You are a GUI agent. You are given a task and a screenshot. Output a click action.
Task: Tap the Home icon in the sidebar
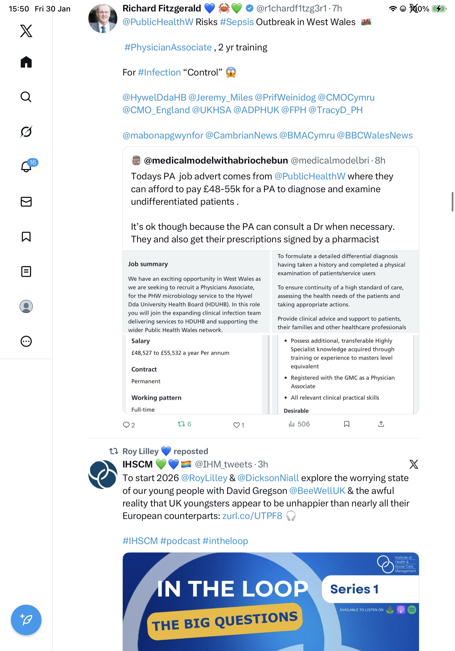26,62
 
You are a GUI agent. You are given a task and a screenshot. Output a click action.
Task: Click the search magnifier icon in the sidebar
26,97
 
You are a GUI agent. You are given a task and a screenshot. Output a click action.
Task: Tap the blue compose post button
26,620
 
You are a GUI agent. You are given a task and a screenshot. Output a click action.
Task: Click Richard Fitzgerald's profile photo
103,18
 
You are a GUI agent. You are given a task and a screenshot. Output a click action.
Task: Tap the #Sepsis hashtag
237,22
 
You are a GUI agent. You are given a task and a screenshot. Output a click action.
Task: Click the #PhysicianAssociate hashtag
168,47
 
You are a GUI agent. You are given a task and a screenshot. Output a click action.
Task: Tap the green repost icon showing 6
184,424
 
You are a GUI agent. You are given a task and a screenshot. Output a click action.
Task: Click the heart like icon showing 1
238,425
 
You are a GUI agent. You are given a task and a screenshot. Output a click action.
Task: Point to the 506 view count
299,424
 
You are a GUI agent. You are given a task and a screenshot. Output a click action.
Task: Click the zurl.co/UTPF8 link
252,516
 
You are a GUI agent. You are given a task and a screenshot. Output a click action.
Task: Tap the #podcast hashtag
180,541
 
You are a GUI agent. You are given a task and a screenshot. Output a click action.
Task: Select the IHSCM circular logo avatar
103,474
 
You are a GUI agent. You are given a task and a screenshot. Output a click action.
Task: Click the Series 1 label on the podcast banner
354,589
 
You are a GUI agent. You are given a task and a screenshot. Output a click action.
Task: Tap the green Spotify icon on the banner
412,610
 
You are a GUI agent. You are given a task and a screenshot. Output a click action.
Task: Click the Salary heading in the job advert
140,341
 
